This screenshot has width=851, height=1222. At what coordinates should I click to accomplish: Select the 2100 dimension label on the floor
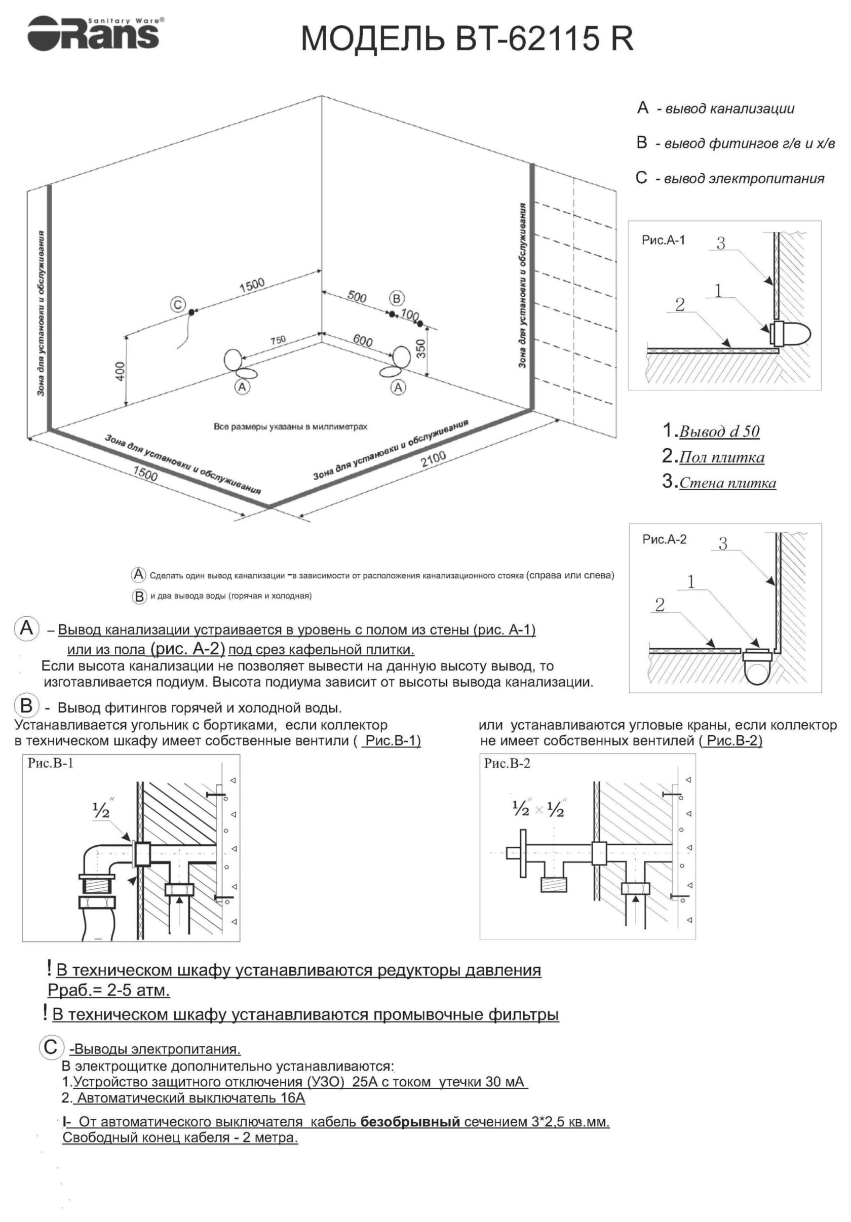click(x=433, y=459)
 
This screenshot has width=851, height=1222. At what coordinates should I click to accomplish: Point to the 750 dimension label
click(x=277, y=340)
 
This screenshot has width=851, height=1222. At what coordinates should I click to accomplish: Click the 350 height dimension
click(x=420, y=348)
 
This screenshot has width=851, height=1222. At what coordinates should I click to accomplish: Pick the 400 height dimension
click(x=120, y=371)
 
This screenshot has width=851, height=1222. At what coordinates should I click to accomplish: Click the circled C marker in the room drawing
click(x=177, y=305)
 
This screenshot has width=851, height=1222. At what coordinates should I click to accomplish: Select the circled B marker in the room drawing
click(x=396, y=298)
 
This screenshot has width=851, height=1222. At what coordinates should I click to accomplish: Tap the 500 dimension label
click(x=357, y=296)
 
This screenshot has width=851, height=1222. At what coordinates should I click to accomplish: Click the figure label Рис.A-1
click(x=663, y=240)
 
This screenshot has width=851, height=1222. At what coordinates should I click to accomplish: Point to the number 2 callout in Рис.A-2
click(x=660, y=605)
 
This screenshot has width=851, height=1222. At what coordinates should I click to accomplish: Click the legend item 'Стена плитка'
click(x=727, y=483)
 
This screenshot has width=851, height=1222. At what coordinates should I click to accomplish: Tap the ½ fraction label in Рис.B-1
click(x=101, y=811)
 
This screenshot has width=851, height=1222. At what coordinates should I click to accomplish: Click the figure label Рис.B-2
click(x=507, y=764)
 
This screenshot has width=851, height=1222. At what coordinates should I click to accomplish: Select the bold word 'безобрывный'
click(x=410, y=1122)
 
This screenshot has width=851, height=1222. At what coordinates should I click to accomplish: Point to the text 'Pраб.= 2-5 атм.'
click(x=108, y=991)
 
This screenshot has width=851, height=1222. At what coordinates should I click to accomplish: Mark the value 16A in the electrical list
click(x=293, y=1097)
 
